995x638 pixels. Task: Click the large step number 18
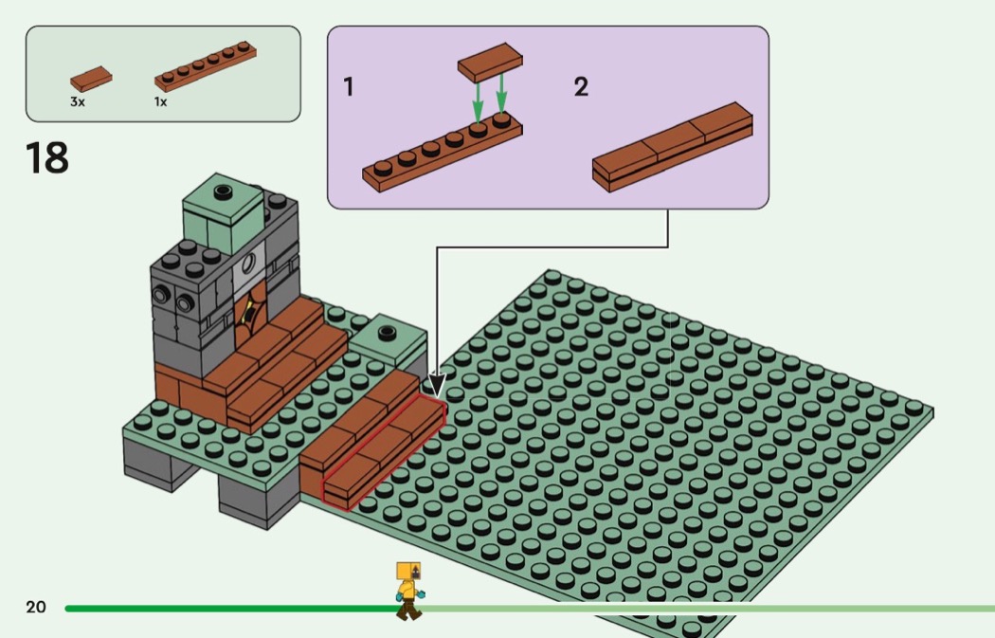(x=46, y=157)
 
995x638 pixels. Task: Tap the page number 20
(x=35, y=607)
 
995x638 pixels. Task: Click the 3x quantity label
(x=77, y=101)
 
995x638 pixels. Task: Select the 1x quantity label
(x=160, y=101)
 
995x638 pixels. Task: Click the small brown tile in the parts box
(x=91, y=79)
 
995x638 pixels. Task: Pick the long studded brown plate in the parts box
(x=205, y=67)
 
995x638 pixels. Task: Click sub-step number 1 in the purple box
(x=349, y=87)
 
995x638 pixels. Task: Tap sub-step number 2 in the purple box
(x=581, y=87)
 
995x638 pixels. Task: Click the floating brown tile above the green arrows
(x=490, y=63)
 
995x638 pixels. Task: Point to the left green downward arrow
(x=479, y=100)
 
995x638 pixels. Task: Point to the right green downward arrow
(x=502, y=98)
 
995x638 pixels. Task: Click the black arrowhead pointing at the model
(x=435, y=385)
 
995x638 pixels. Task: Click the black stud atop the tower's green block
(x=224, y=192)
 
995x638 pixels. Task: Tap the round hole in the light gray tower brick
(x=251, y=263)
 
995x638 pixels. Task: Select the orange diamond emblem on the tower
(x=252, y=311)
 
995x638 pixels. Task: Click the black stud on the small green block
(x=386, y=333)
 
